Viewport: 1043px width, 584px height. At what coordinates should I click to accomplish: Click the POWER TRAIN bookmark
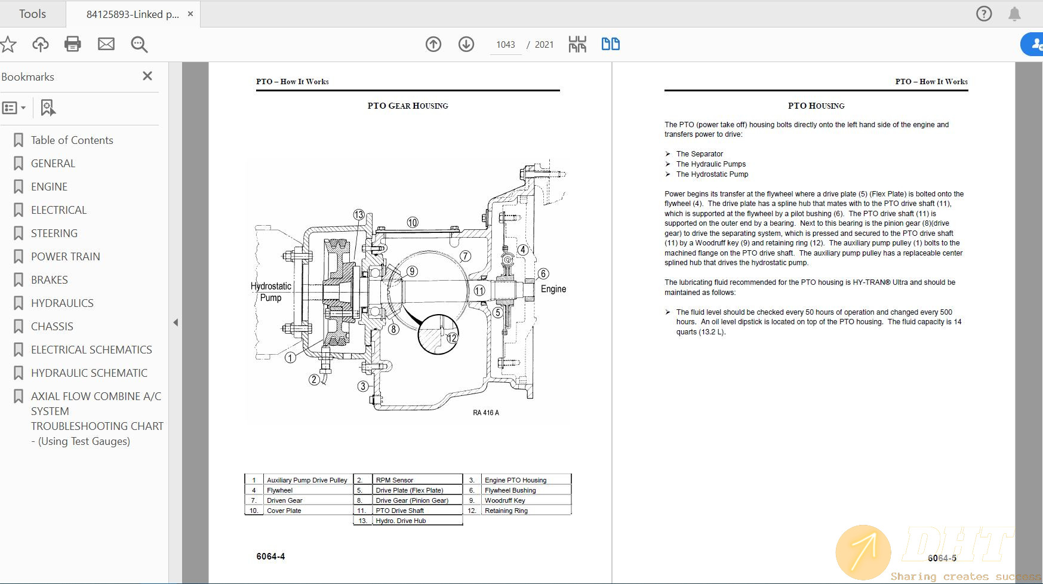coord(65,257)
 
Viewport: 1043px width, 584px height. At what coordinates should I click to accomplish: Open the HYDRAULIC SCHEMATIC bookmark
coord(89,373)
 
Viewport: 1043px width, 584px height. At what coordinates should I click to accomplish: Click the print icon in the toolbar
coord(73,44)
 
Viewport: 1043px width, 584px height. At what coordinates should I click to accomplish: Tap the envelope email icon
coord(106,44)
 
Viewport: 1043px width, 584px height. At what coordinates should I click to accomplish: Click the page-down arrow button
coord(466,44)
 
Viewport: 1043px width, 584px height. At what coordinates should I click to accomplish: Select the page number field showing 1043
coord(505,45)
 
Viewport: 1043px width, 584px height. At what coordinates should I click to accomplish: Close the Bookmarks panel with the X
coord(147,76)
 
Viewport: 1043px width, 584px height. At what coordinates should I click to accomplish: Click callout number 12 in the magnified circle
coord(452,338)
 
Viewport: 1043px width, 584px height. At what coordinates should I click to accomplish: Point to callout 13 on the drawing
coord(359,215)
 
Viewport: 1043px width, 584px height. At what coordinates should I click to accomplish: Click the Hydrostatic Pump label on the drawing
coord(271,291)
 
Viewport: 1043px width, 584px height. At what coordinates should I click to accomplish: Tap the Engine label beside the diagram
coord(553,289)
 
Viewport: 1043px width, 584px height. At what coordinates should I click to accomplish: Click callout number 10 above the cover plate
coord(413,223)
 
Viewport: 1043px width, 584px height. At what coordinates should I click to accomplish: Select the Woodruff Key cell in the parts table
coord(504,500)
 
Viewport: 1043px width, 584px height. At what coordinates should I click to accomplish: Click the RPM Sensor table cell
coord(395,480)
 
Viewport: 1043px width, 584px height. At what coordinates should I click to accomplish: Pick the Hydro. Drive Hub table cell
coord(401,521)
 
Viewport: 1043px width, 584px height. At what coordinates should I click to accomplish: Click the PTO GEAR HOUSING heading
coord(408,106)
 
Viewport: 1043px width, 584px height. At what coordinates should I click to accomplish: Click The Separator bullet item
coord(699,154)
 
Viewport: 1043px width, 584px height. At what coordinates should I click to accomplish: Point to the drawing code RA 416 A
coord(486,413)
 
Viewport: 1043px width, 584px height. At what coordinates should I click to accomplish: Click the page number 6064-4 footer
coord(270,557)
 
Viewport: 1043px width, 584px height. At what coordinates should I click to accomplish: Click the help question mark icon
coord(984,14)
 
